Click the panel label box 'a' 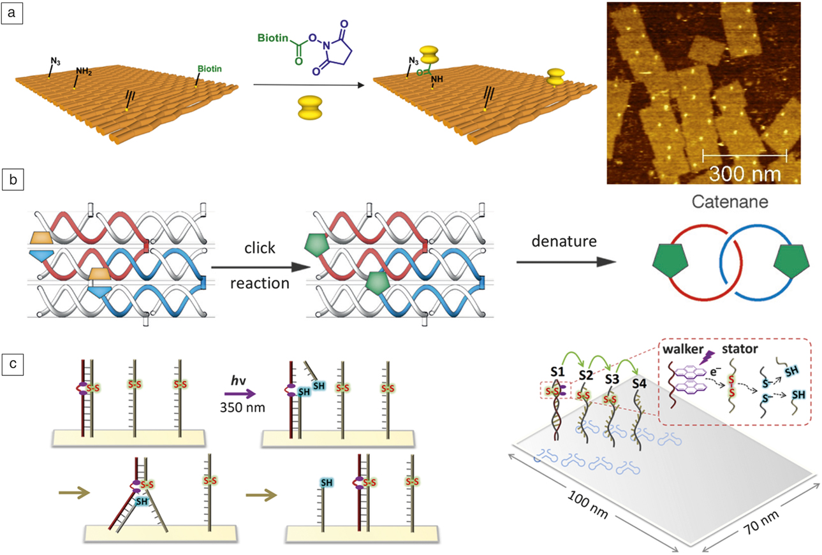(x=13, y=13)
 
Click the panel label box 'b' (x=13, y=180)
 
